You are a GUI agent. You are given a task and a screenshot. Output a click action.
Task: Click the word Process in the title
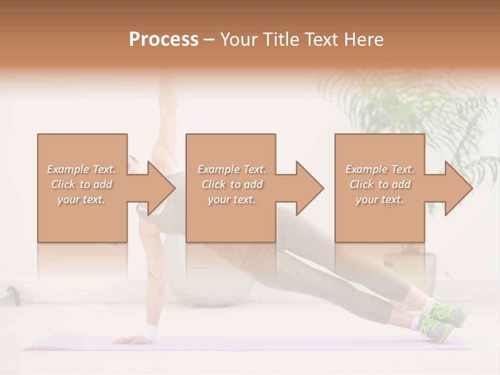tap(164, 39)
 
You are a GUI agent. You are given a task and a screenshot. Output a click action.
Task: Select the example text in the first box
tap(82, 184)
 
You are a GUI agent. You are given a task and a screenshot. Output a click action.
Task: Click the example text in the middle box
tap(231, 184)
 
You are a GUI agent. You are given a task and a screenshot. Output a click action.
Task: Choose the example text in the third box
tap(380, 184)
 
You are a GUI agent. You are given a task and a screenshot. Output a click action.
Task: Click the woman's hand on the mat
tap(130, 340)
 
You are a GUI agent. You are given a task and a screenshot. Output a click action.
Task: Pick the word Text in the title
tap(325, 39)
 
